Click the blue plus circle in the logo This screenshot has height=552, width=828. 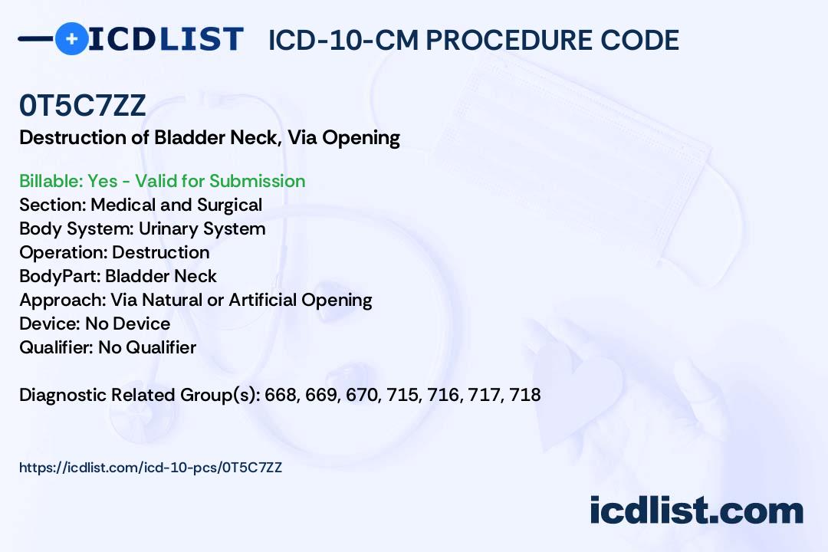[72, 38]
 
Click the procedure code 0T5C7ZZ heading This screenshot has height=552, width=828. [82, 106]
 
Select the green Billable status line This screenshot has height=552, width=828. [162, 181]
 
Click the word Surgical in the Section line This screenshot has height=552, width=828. [230, 205]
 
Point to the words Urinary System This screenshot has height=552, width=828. [202, 228]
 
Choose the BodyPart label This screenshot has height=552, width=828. [60, 276]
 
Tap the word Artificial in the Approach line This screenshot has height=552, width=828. [262, 300]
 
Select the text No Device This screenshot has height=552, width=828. [128, 324]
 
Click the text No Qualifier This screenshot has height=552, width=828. [147, 347]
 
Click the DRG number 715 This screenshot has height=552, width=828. [402, 395]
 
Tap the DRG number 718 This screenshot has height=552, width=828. [525, 395]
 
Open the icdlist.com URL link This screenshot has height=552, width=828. [150, 468]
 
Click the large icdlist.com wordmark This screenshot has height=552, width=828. [696, 510]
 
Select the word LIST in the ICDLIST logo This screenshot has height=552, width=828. [201, 40]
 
